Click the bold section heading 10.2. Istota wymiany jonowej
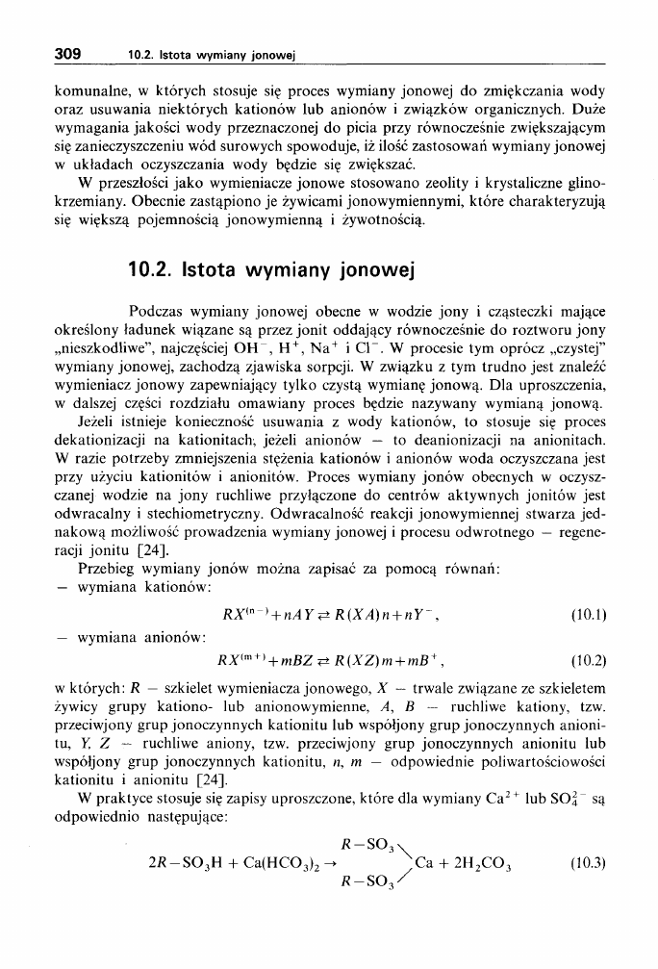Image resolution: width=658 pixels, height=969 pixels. coord(270,271)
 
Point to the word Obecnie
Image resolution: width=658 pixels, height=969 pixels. coord(171,203)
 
